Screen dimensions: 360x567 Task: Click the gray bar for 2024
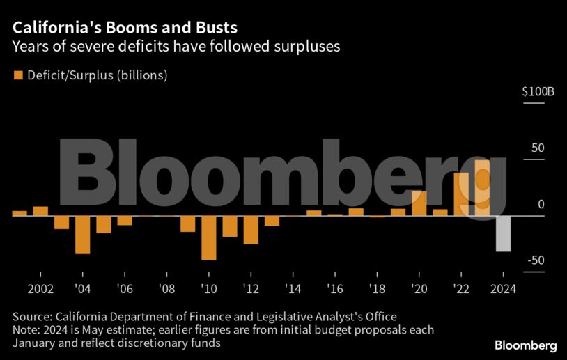coord(503,233)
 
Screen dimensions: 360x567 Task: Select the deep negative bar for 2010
coord(208,237)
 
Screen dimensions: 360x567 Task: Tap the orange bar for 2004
coord(82,235)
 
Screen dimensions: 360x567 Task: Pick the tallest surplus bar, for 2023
coord(482,188)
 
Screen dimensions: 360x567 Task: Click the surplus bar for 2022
coord(461,194)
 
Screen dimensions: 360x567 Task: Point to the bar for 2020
coord(419,203)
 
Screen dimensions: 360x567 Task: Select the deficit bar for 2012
coord(251,230)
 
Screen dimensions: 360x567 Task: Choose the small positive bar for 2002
coord(40,211)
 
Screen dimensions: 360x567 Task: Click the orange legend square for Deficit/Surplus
coord(18,75)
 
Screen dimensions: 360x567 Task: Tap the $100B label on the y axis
coord(537,92)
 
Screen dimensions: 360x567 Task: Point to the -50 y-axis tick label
coord(534,260)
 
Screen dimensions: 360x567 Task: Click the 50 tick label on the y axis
coord(538,148)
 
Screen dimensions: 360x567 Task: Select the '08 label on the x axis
coord(166,289)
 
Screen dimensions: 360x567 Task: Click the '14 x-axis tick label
coord(293,289)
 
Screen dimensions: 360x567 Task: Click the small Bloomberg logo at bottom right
coord(525,345)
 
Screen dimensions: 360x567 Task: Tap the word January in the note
coord(35,343)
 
